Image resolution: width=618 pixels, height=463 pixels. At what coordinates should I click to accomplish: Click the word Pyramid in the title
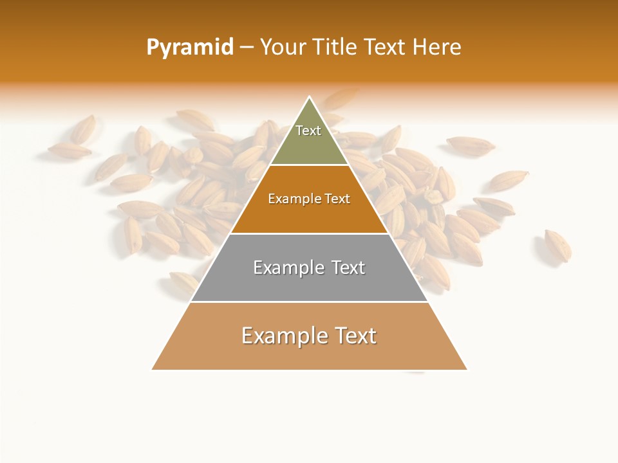[190, 47]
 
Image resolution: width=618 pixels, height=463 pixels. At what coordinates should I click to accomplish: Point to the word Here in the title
[436, 47]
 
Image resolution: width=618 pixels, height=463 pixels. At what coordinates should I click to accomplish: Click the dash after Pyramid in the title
[247, 48]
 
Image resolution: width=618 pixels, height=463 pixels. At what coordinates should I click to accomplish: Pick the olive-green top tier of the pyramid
[309, 145]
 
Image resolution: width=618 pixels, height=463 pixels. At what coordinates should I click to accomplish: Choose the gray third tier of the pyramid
[309, 283]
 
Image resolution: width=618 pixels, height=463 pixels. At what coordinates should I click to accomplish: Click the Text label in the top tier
[308, 131]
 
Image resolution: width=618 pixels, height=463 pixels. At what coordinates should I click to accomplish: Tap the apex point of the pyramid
[310, 97]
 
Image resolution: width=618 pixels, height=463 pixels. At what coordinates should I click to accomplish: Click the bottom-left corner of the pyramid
[152, 369]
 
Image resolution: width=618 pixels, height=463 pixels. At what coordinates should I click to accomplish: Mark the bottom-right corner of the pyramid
[467, 369]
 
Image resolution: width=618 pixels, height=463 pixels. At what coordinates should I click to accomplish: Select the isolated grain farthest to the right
[557, 246]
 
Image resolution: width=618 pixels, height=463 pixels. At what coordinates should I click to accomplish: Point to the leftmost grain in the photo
[69, 150]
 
